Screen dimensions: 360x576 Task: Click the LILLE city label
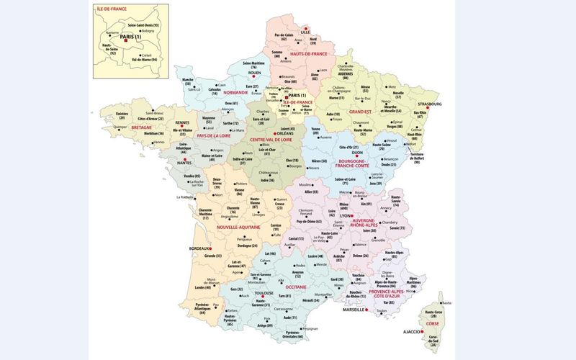tap(306, 32)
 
